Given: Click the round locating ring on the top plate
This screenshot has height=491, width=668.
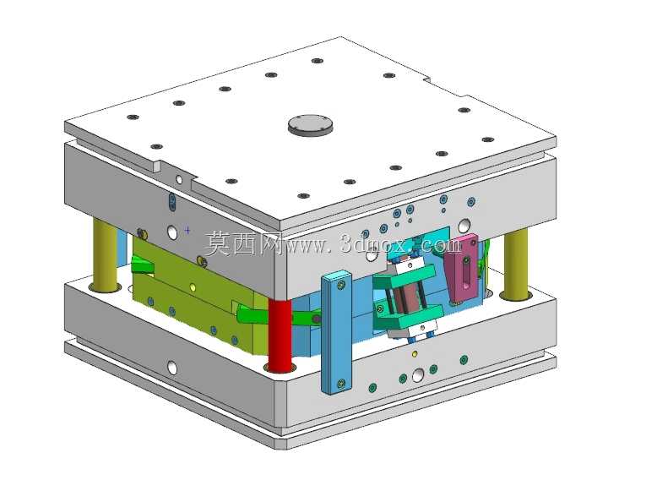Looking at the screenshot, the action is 310,125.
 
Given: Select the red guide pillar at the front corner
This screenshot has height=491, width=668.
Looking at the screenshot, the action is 280,335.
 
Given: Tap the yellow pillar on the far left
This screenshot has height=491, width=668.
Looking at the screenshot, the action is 105,255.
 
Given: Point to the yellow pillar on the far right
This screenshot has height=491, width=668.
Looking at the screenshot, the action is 516,265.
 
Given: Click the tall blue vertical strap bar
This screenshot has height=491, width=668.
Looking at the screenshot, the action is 337,332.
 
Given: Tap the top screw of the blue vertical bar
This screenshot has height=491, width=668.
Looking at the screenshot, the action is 341,283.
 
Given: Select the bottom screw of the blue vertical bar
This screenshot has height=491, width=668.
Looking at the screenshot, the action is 341,384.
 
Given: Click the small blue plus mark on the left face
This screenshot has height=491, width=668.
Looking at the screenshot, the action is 187,230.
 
